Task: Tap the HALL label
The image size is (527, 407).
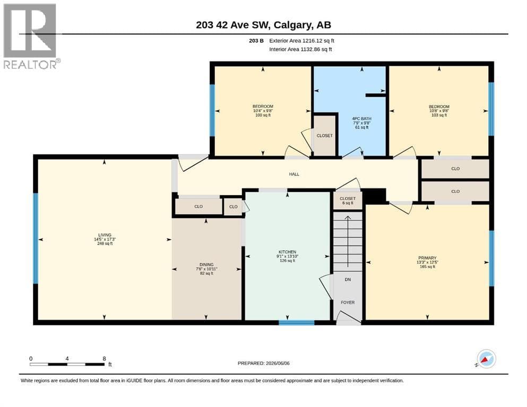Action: (294, 174)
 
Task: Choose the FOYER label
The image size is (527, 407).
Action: (348, 302)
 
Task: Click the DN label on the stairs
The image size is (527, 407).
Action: (348, 279)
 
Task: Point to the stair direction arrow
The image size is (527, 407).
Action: (348, 241)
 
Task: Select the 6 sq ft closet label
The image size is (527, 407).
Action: (348, 201)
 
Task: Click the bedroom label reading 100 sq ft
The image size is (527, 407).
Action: (263, 110)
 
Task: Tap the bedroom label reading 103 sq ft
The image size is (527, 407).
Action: (439, 110)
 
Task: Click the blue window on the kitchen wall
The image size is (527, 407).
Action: (297, 323)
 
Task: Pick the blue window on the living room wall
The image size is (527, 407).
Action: (36, 238)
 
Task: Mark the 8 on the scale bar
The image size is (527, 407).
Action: (104, 358)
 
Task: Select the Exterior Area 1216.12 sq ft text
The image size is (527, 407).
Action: (301, 41)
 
